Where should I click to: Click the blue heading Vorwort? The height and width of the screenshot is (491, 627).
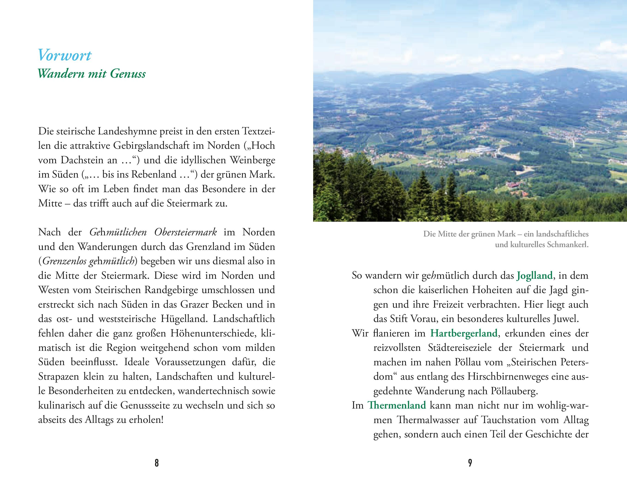(x=65, y=55)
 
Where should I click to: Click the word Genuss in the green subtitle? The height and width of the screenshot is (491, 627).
(x=128, y=74)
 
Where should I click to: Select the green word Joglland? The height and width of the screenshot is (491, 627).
(x=534, y=276)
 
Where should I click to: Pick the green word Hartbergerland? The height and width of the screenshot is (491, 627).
(x=464, y=333)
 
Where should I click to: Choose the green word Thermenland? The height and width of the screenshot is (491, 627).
(x=397, y=405)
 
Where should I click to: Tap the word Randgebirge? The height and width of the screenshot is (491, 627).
(x=171, y=290)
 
